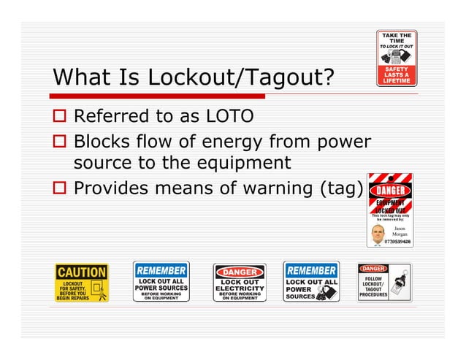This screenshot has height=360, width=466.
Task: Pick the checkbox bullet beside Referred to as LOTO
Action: tap(60, 116)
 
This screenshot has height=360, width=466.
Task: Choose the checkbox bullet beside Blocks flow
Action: tap(60, 139)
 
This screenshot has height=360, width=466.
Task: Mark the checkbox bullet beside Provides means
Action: tap(60, 188)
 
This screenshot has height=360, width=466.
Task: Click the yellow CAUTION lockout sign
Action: tap(82, 283)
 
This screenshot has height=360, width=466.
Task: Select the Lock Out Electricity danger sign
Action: tap(239, 283)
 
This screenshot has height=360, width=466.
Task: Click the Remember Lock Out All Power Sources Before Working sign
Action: tap(161, 281)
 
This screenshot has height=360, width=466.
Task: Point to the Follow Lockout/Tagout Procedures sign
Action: tap(384, 282)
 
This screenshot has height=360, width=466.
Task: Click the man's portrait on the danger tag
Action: tap(377, 235)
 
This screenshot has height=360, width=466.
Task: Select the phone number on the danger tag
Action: tap(398, 242)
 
